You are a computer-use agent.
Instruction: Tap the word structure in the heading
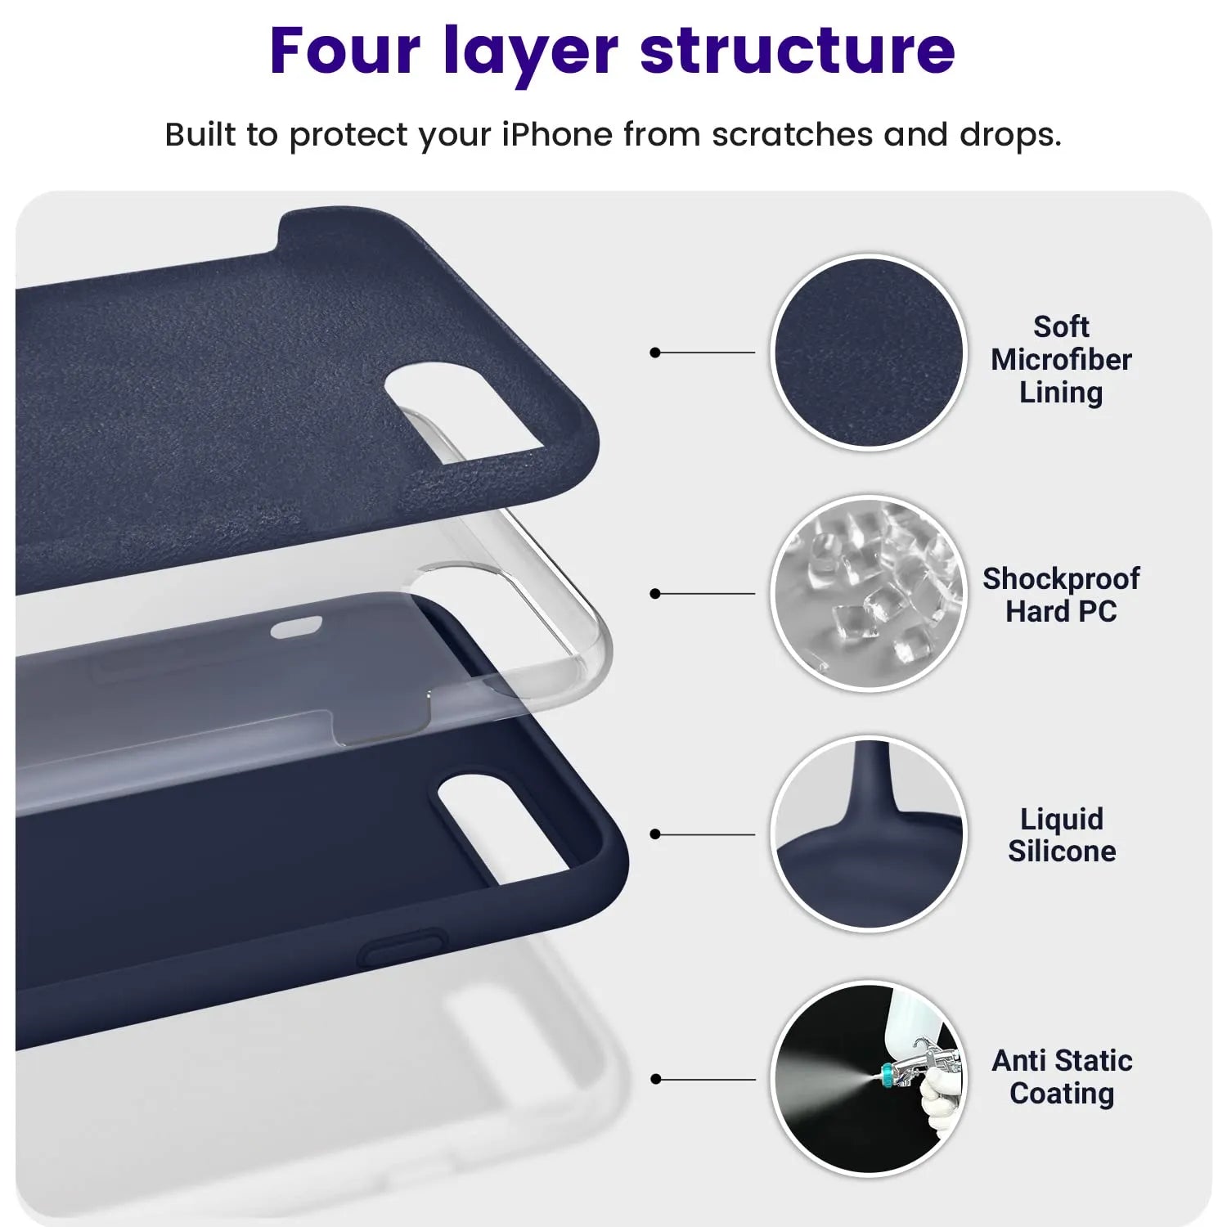[x=798, y=51]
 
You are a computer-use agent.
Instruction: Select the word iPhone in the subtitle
[x=557, y=134]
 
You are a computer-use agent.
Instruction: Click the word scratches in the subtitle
[x=792, y=134]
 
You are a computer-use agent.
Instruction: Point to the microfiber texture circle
[x=869, y=352]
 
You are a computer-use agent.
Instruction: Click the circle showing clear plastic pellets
[x=869, y=593]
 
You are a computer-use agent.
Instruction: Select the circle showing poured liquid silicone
[x=869, y=834]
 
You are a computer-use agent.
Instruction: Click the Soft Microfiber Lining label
[x=1061, y=359]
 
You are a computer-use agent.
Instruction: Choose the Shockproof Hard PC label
[x=1061, y=595]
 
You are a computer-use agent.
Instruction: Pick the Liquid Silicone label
[x=1062, y=834]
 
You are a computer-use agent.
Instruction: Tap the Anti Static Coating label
[x=1062, y=1076]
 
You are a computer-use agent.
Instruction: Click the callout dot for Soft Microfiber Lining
[x=654, y=353]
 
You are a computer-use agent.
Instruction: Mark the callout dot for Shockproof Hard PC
[x=654, y=594]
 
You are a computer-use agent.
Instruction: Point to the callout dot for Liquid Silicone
[x=654, y=834]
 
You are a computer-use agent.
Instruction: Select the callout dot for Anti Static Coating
[x=654, y=1080]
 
